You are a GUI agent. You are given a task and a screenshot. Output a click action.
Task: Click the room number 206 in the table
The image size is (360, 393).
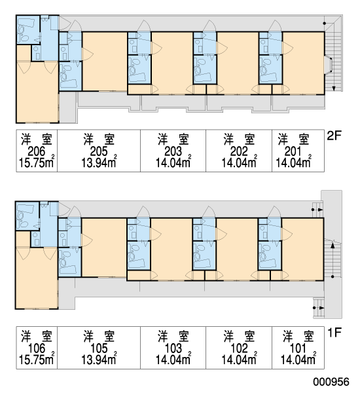[x=37, y=151]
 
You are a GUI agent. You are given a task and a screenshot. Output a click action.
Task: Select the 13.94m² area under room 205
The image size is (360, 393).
[x=99, y=162]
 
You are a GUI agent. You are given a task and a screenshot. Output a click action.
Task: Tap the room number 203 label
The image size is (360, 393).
[x=173, y=151]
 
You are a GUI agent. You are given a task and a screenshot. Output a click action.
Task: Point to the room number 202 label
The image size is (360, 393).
[x=239, y=151]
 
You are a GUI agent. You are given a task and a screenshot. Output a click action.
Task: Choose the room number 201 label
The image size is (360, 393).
[x=293, y=151]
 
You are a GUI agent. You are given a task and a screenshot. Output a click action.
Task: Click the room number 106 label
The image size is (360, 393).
[x=37, y=348]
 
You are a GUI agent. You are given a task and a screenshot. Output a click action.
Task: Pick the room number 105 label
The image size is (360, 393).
[x=99, y=348]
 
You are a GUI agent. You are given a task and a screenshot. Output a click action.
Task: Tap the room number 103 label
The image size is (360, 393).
[x=173, y=348]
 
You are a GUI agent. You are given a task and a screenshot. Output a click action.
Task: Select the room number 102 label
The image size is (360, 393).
[x=239, y=348]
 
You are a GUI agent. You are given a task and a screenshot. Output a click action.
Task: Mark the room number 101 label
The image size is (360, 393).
[x=298, y=348]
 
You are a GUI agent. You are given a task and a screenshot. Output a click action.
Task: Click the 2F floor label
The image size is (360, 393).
[x=334, y=136]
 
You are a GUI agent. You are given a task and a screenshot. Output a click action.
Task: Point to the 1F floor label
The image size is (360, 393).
[x=334, y=333]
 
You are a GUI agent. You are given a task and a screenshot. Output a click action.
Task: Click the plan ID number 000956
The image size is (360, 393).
[x=331, y=382]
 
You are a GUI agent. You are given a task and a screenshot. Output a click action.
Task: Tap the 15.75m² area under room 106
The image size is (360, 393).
[x=37, y=359]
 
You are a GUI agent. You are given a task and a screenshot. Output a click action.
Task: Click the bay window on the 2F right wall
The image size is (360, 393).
[x=329, y=65]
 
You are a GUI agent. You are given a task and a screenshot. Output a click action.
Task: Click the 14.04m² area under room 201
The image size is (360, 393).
[x=293, y=162]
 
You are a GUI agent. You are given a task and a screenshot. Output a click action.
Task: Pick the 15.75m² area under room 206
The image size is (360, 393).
[x=37, y=162]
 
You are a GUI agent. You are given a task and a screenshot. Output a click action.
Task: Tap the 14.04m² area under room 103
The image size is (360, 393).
[x=173, y=359]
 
